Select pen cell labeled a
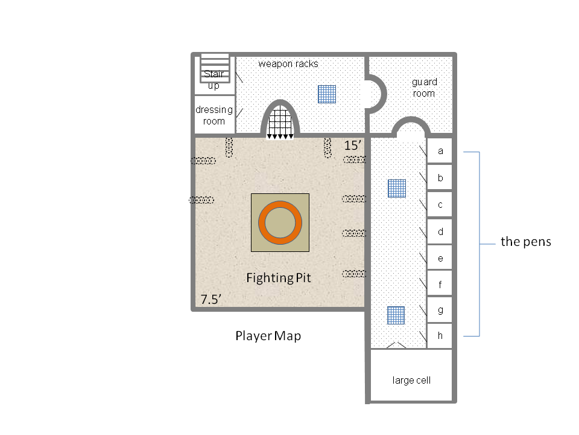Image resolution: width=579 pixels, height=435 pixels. [440, 151]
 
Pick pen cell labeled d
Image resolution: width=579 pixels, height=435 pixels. [440, 231]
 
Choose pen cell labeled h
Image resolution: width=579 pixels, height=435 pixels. [440, 337]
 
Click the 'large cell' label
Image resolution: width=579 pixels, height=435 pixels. [411, 381]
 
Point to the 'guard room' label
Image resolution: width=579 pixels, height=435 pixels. [424, 88]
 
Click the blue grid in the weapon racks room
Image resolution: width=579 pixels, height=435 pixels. [327, 94]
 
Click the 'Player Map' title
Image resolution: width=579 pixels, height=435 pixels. [268, 337]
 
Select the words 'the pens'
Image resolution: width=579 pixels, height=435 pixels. [525, 242]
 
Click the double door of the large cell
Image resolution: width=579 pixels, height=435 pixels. [395, 345]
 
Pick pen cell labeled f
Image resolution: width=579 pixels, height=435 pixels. [440, 284]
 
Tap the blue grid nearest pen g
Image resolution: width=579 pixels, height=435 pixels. [395, 315]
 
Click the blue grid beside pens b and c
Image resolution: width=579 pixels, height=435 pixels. [396, 188]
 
